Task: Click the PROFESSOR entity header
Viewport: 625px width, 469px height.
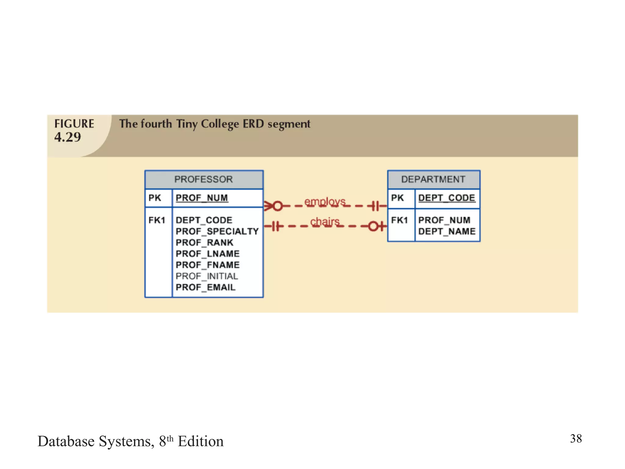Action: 204,179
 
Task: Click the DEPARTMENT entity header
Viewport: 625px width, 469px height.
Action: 433,179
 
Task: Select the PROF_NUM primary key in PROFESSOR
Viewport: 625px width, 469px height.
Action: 202,198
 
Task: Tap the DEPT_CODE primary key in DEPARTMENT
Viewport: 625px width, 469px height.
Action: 446,198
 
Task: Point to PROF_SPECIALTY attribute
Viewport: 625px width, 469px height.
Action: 217,231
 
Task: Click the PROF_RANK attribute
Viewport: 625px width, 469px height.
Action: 204,242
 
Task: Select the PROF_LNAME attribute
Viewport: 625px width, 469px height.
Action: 208,254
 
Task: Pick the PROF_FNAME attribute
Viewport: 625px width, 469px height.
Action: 208,265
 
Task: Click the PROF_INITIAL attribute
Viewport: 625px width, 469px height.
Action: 207,276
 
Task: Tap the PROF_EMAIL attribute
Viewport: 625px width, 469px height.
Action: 205,287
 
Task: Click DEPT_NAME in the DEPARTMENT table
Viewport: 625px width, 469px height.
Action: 447,231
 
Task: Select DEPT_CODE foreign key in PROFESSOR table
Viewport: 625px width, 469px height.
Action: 204,220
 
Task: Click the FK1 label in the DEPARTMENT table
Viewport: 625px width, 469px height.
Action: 399,220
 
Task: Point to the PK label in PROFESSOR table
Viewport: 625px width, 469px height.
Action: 155,198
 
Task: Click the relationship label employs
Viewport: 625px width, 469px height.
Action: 325,202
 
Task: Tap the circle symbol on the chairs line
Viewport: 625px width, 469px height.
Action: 374,226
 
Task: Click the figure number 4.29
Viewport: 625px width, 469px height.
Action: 68,137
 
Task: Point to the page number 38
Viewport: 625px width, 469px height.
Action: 576,438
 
